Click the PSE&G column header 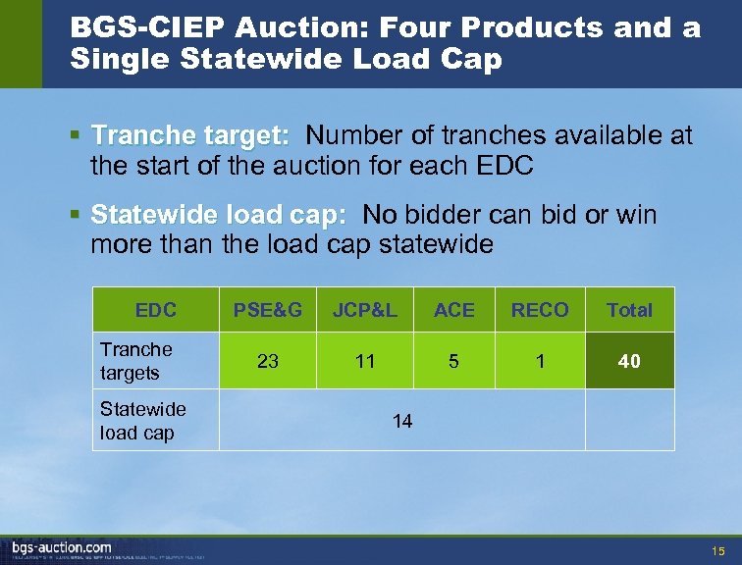(267, 310)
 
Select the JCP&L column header (365, 310)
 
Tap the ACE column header (453, 310)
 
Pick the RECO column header (540, 310)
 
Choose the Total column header (629, 310)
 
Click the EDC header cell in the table (155, 310)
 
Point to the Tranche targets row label (136, 361)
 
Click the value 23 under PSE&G (267, 361)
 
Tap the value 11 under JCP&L (365, 361)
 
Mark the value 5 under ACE (453, 361)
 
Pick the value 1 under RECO (540, 361)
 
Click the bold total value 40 (629, 361)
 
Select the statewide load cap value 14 (402, 421)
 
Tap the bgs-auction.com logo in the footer (62, 547)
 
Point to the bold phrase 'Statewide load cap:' (218, 214)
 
